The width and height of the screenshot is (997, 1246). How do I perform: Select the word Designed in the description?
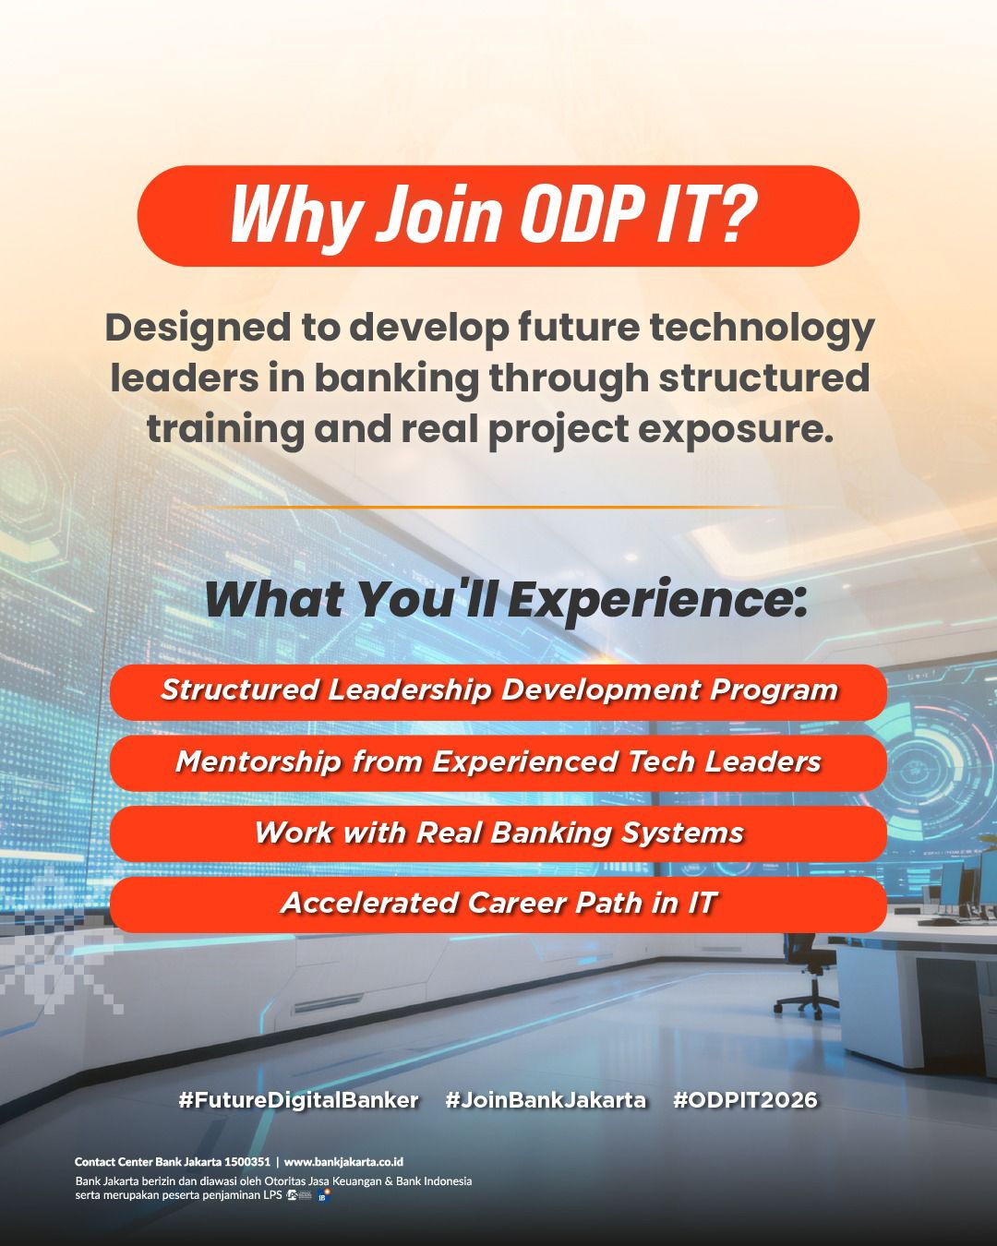click(x=198, y=329)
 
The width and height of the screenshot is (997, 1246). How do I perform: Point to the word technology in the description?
click(x=762, y=329)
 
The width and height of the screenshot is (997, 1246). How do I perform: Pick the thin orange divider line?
click(x=498, y=508)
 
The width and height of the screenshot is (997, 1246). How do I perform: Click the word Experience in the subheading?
click(x=657, y=601)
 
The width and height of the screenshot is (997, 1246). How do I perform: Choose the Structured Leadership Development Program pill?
click(x=498, y=692)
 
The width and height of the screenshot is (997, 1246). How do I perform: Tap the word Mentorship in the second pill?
click(x=258, y=762)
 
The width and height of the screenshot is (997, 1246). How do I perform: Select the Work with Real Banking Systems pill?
click(x=498, y=833)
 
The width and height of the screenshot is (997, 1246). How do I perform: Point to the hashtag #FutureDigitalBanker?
click(x=298, y=1099)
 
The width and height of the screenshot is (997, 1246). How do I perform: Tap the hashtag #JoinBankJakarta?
click(x=546, y=1099)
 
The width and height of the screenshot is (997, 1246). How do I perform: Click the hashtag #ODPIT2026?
click(x=745, y=1099)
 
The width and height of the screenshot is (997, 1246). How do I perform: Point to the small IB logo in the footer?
click(x=323, y=1195)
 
